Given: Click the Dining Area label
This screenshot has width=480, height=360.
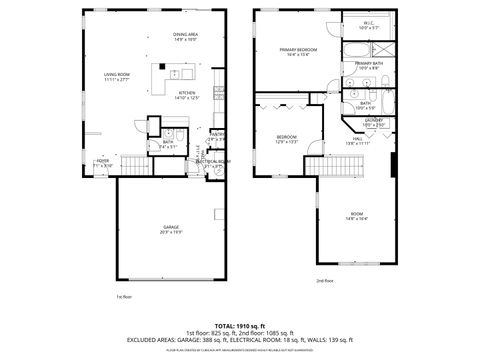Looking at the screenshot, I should tap(185, 37).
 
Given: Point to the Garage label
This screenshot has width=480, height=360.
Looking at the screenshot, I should tap(171, 229).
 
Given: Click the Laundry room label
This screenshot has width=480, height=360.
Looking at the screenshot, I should tap(373, 122).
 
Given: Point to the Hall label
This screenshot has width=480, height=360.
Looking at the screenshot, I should tap(357, 142).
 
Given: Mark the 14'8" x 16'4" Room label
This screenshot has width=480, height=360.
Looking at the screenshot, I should tap(357, 215).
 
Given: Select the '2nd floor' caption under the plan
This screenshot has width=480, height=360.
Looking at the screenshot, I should tap(326, 281).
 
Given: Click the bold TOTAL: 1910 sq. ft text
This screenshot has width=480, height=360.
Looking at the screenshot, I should tap(240, 326).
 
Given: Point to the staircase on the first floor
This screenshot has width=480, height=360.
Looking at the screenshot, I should tap(132, 164).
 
